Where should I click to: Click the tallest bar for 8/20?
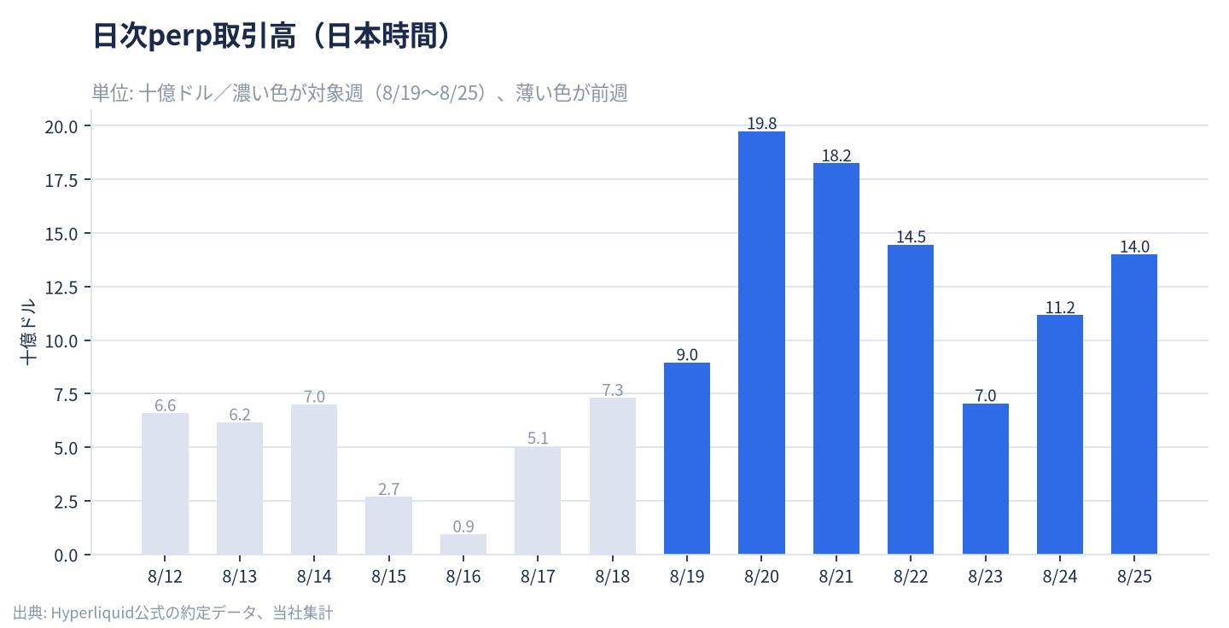(x=761, y=343)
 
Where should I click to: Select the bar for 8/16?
(x=463, y=544)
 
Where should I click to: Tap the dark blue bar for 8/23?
(x=986, y=480)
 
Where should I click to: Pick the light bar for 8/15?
(x=388, y=526)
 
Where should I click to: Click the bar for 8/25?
(x=1134, y=404)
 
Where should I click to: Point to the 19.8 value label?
(x=761, y=124)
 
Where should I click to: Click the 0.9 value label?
(x=463, y=526)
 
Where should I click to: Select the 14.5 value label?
(x=911, y=237)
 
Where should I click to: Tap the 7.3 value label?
(x=612, y=390)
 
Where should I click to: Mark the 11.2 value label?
(x=1060, y=307)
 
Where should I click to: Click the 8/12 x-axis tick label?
(x=165, y=577)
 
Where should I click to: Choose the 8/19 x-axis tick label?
(x=687, y=577)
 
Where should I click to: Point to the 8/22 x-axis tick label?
(x=911, y=577)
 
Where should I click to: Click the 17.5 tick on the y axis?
(x=61, y=180)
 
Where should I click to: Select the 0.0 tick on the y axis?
(x=66, y=555)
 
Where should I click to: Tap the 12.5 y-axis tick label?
(x=61, y=288)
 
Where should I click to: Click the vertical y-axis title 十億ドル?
(x=27, y=332)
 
